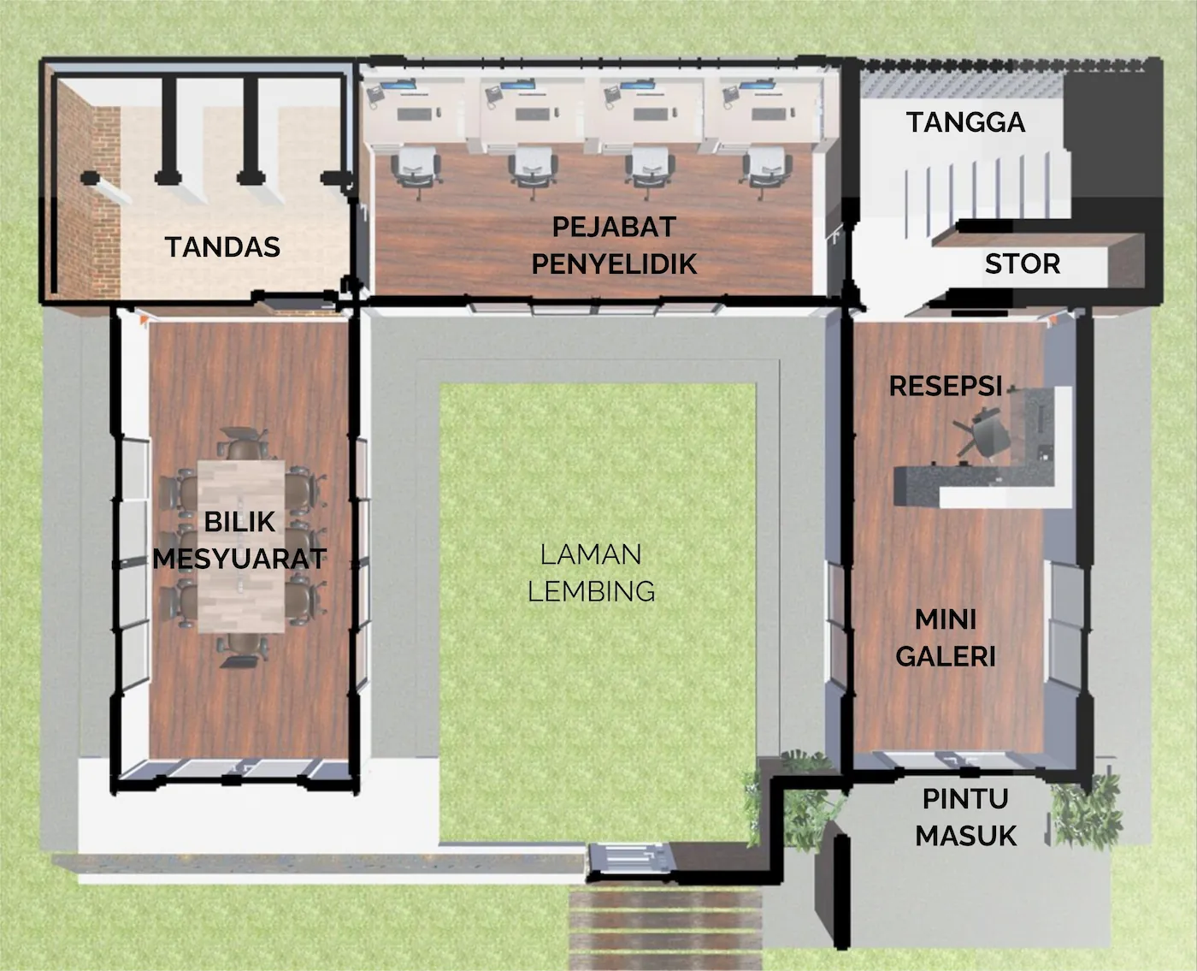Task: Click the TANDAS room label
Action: tap(222, 246)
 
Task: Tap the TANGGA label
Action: tap(965, 122)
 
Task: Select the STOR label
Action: tap(1022, 263)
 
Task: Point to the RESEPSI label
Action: tap(945, 386)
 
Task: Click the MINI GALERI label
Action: tap(945, 637)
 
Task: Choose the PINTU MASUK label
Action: tap(965, 817)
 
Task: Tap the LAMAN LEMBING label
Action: tap(591, 572)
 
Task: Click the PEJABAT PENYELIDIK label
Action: tap(614, 246)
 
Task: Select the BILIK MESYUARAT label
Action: tap(239, 540)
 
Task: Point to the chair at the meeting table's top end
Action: tap(243, 444)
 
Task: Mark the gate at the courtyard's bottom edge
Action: tap(631, 857)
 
